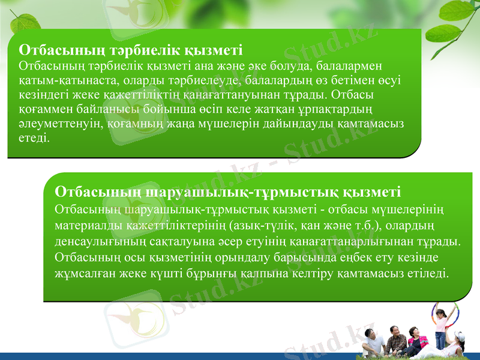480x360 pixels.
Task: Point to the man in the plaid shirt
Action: (x=396, y=341)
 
